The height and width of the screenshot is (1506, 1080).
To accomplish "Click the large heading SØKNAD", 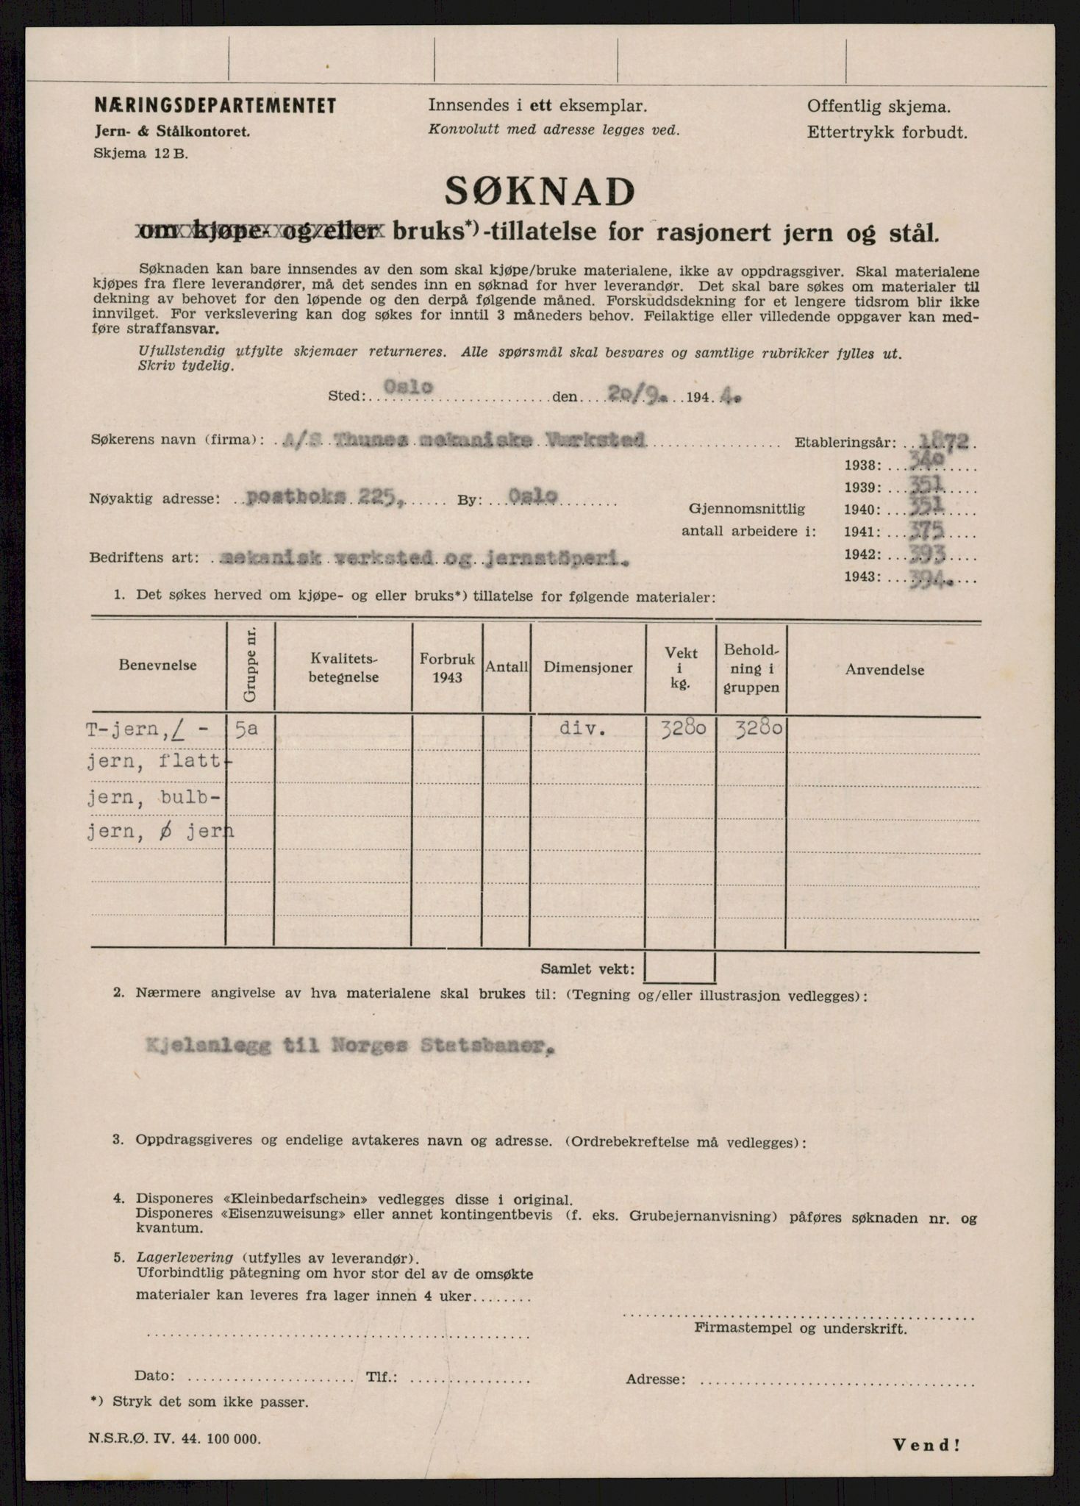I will [540, 193].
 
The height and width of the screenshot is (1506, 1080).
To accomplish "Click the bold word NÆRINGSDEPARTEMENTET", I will [215, 106].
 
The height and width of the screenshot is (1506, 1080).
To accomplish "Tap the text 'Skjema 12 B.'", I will [140, 154].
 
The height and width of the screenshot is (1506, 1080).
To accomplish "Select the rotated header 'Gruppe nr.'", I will [250, 665].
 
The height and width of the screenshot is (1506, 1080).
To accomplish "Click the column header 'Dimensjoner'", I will [587, 668].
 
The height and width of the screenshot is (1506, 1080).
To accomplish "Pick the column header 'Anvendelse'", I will [884, 669].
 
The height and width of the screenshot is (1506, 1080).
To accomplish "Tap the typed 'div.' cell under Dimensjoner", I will [582, 729].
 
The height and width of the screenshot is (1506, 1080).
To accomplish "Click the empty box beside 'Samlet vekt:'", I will [680, 968].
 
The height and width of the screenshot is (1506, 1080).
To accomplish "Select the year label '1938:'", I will [862, 465].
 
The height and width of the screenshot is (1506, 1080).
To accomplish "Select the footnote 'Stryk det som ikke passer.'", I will [210, 1402].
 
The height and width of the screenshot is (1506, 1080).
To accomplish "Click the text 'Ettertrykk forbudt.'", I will [887, 133].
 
